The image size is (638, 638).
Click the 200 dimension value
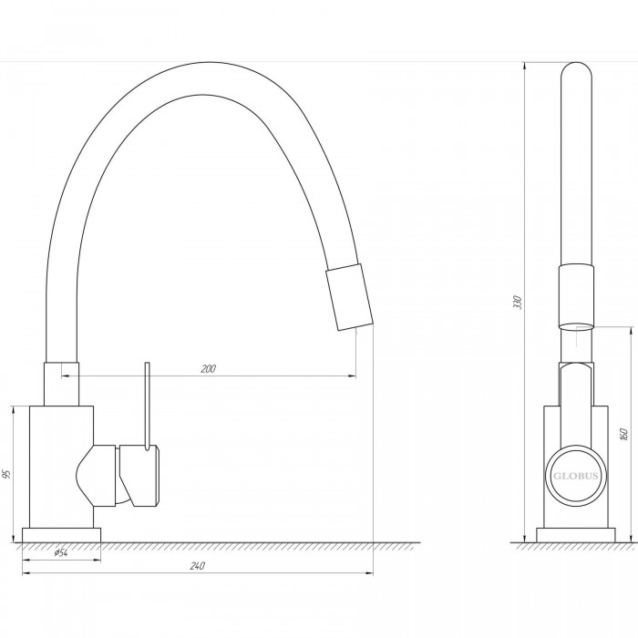pos(209,368)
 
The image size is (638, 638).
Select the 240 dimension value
pos(198,566)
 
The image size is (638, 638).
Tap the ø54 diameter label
pos(61,552)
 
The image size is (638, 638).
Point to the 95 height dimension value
pos(5,474)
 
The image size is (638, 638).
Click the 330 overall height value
pos(517,303)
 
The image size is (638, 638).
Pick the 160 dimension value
pos(625,435)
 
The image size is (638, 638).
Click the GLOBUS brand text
pos(575,476)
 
